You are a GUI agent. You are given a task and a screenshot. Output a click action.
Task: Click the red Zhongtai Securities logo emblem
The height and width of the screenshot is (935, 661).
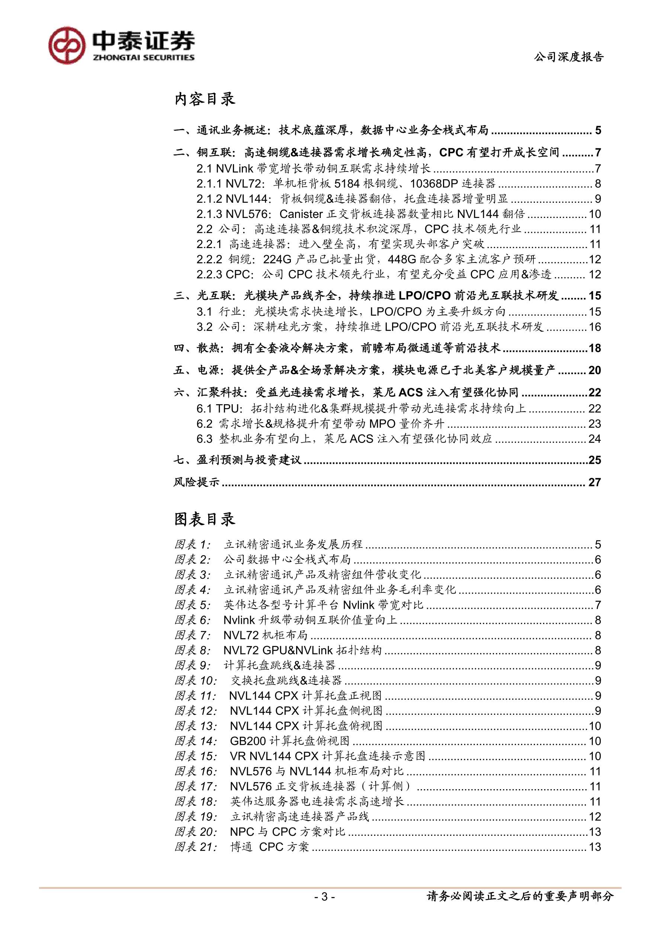[x=67, y=45]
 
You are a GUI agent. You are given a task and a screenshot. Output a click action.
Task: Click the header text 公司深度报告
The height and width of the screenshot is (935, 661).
[x=568, y=57]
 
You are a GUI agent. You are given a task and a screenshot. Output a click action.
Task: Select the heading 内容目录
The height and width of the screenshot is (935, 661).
[x=205, y=99]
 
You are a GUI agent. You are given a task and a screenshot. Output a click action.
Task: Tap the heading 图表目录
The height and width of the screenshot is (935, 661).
[x=205, y=519]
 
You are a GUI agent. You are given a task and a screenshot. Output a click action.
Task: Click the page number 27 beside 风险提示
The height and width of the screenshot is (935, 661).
[x=595, y=482]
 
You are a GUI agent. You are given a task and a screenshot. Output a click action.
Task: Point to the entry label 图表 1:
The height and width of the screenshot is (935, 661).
[x=193, y=544]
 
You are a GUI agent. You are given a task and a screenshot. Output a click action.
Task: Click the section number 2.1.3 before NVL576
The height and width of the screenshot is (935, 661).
[x=210, y=214]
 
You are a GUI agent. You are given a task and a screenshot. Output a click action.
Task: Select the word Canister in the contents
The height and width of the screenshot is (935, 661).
[x=301, y=214]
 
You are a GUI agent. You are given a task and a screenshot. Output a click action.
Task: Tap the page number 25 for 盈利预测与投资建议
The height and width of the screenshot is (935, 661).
[x=595, y=460]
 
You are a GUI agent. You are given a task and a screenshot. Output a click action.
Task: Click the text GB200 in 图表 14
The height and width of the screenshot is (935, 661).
[x=248, y=741]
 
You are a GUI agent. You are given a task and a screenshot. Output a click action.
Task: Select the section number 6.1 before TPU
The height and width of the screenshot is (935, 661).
[x=205, y=408]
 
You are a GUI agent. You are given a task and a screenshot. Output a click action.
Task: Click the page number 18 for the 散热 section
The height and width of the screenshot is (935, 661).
[x=595, y=348]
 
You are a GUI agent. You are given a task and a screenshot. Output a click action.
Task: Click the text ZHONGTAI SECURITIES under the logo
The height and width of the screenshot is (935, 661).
[x=144, y=58]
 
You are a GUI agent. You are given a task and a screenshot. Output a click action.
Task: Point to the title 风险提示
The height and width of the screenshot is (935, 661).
[x=196, y=482]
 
